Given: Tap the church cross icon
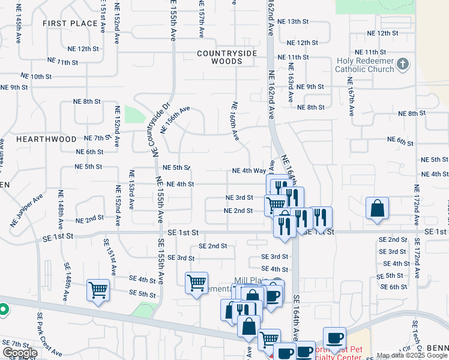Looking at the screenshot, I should [x=403, y=64].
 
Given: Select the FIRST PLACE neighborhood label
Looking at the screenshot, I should [x=70, y=23].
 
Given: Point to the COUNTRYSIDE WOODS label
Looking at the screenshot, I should [x=227, y=57].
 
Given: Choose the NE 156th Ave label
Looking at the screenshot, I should [x=175, y=119].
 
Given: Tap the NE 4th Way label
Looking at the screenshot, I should [x=249, y=171].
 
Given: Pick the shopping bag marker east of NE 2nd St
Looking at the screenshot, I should [x=376, y=209].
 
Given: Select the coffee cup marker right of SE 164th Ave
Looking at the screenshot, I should [x=334, y=338].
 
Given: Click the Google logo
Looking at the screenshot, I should [x=20, y=353].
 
